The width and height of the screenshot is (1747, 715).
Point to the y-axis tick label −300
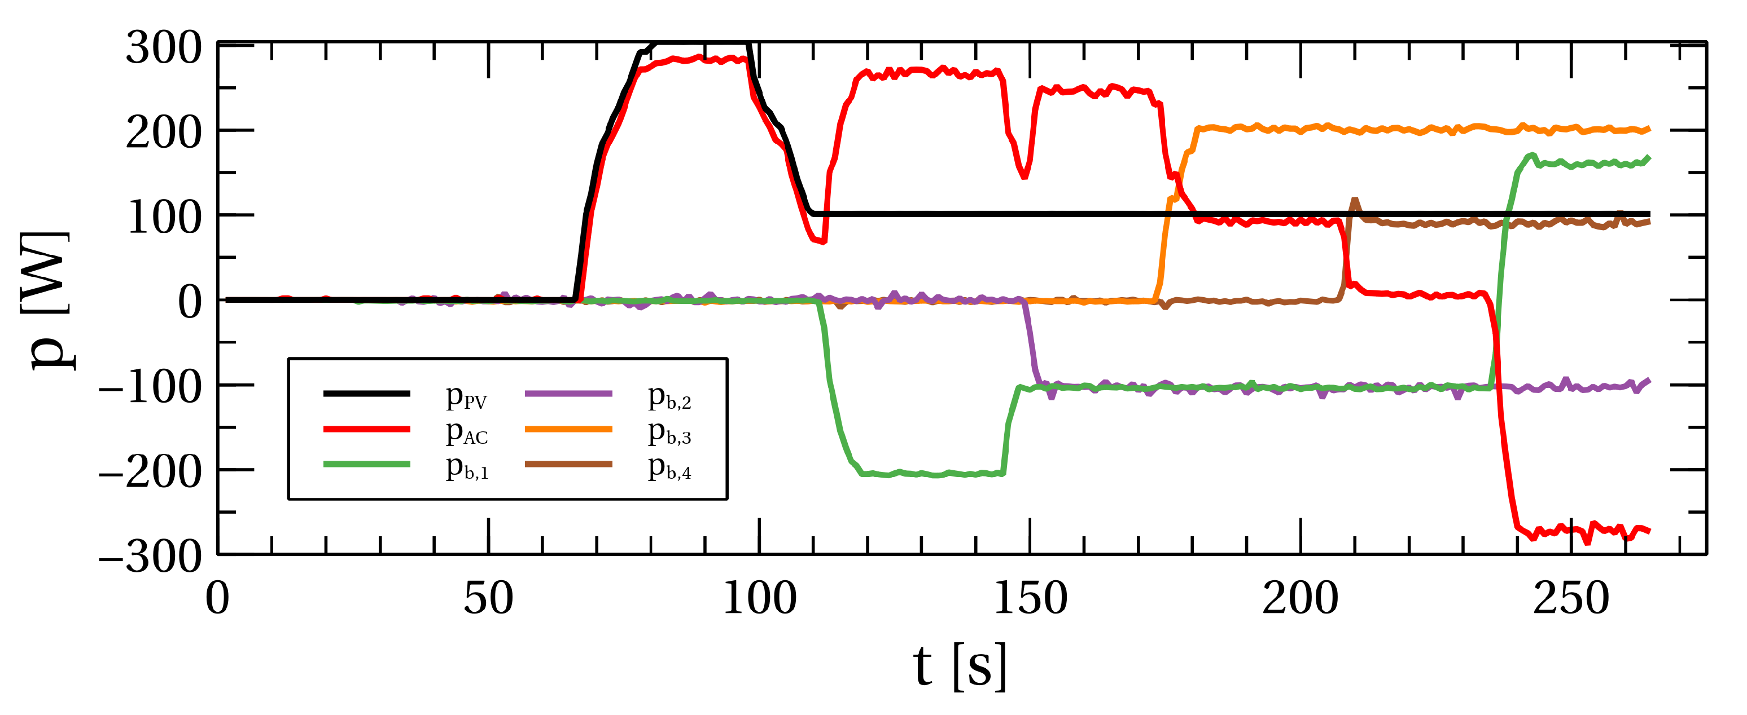[x=151, y=557]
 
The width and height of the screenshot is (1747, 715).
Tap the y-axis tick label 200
[x=164, y=133]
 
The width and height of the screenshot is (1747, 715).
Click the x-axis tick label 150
[x=1030, y=599]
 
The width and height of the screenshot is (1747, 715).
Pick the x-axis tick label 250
[x=1571, y=599]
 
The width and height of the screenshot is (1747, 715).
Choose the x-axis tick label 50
[x=488, y=599]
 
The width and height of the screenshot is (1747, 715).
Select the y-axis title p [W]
[x=47, y=300]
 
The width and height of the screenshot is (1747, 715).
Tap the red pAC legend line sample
[x=367, y=429]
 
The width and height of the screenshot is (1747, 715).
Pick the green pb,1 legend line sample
[x=367, y=464]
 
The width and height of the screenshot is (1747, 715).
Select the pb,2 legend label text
[x=669, y=397]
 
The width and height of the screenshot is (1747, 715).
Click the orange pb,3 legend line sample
[x=568, y=429]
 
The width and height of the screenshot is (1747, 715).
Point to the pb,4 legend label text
[x=669, y=467]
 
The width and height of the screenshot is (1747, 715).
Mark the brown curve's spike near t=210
[x=1354, y=201]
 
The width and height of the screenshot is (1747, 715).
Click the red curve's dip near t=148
[x=1024, y=175]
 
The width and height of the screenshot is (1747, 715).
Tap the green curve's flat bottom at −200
[x=929, y=474]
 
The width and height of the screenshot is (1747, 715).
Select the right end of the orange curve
[x=1649, y=129]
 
